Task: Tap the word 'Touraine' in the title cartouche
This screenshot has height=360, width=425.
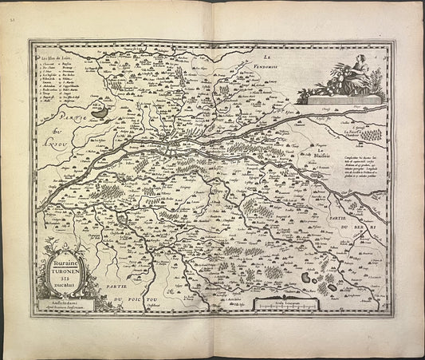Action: pyautogui.click(x=67, y=259)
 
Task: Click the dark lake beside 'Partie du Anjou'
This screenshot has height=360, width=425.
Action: pyautogui.click(x=98, y=113)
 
